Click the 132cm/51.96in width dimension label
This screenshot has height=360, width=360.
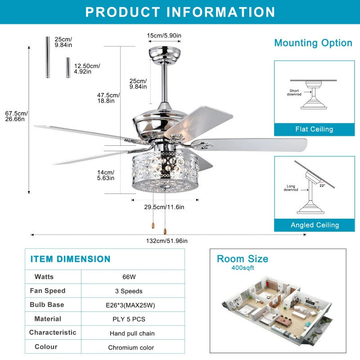tap(166, 241)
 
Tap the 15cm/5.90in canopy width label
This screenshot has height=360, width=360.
tap(164, 36)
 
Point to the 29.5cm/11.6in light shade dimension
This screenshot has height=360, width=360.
tap(164, 207)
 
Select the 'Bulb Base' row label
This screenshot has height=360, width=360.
tap(47, 305)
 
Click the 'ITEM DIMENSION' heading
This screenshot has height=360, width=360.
tap(70, 259)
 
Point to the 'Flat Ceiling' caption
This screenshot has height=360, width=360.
tap(314, 129)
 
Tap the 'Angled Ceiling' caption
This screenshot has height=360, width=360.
tap(315, 225)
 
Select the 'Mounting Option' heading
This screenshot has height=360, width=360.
tap(313, 43)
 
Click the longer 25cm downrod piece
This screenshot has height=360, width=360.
tap(47, 57)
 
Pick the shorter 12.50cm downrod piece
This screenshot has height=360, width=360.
tap(68, 67)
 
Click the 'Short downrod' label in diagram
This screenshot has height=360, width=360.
tap(294, 92)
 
